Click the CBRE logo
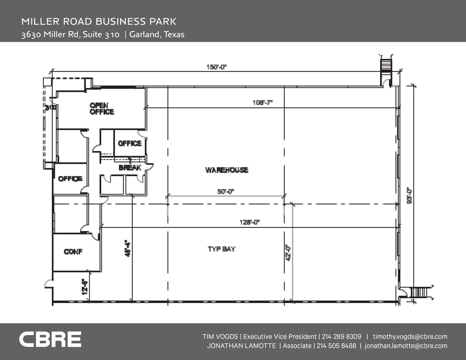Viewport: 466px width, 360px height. pyautogui.click(x=50, y=339)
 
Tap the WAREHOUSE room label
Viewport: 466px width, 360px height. pyautogui.click(x=227, y=170)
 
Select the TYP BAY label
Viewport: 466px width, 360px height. pyautogui.click(x=221, y=249)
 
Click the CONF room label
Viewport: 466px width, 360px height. pyautogui.click(x=73, y=252)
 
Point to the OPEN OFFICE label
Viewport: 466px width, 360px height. pyautogui.click(x=102, y=109)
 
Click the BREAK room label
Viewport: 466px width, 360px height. pyautogui.click(x=130, y=168)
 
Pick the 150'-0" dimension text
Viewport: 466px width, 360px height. pyautogui.click(x=216, y=67)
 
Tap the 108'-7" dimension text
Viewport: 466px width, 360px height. pyautogui.click(x=263, y=103)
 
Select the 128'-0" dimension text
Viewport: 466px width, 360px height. pyautogui.click(x=249, y=222)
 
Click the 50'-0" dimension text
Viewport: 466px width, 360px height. pyautogui.click(x=226, y=191)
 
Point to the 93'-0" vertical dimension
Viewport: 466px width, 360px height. pyautogui.click(x=409, y=195)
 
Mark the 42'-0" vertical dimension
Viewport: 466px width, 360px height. pyautogui.click(x=288, y=253)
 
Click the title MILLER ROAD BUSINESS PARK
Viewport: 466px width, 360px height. pyautogui.click(x=99, y=21)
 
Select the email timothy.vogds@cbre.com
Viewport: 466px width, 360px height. pyautogui.click(x=410, y=337)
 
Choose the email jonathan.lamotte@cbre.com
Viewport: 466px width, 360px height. pyautogui.click(x=406, y=346)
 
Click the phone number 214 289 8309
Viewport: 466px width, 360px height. pyautogui.click(x=341, y=337)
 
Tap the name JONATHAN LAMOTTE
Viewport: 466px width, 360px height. pyautogui.click(x=241, y=346)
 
